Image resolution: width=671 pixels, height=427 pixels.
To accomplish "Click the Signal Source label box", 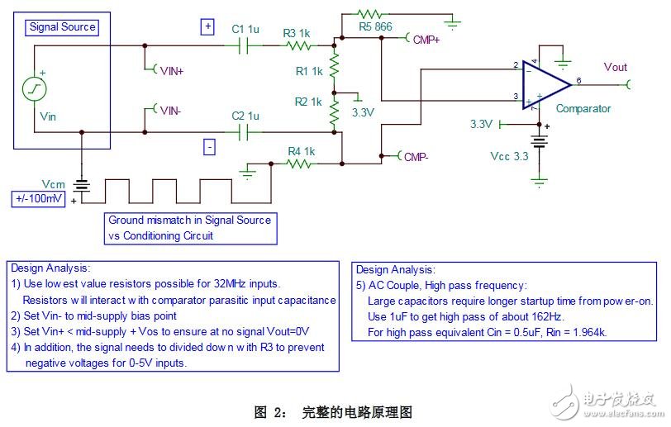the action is click(62, 27).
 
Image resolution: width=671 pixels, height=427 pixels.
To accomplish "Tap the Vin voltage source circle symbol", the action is click(34, 89).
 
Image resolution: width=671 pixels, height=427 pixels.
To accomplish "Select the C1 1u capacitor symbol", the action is click(244, 45).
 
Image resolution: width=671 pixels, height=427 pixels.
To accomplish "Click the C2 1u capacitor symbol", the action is click(244, 132).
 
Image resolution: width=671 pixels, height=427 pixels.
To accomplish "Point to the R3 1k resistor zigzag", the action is click(298, 45).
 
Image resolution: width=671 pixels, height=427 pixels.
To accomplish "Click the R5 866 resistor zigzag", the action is click(369, 14).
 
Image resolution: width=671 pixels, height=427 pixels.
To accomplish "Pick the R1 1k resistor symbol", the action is click(334, 65).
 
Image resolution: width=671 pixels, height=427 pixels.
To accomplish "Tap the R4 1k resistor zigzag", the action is click(298, 164).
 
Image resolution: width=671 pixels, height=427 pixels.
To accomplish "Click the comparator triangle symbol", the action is click(546, 85).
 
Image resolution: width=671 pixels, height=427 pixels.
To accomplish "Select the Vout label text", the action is click(616, 67).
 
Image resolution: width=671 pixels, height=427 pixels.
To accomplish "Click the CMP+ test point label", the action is click(426, 40).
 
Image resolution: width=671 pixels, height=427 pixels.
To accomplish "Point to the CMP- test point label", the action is click(416, 157).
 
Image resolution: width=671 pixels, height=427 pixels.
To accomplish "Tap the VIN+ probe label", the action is click(172, 71).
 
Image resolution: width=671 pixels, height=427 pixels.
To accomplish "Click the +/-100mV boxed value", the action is click(39, 199).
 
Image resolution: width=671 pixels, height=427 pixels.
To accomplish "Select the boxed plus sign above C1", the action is click(207, 27).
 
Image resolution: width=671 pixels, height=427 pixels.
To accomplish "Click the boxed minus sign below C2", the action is click(209, 147).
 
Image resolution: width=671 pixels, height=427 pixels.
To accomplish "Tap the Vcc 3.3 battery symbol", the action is click(539, 141).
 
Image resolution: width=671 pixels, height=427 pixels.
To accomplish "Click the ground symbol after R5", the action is click(452, 24).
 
